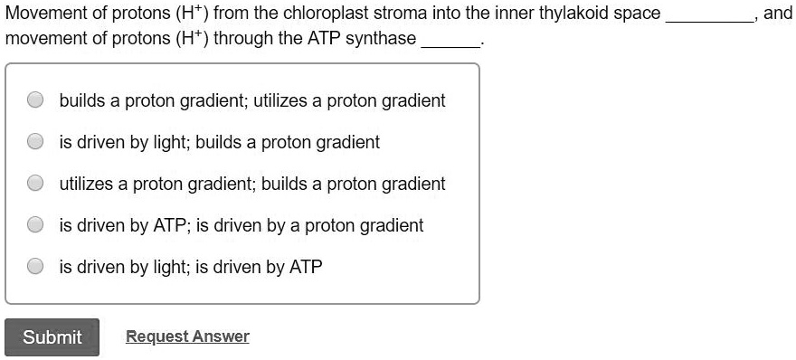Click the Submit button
pos(52,337)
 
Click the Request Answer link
pos(187,336)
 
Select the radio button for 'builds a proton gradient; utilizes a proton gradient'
pos(35,100)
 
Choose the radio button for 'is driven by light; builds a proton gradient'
pos(35,142)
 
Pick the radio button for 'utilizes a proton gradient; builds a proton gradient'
pos(35,184)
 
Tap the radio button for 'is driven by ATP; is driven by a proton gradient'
pos(35,225)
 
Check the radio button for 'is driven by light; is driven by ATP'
pos(35,267)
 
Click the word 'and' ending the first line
pos(778,14)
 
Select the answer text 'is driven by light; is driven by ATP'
pos(190,267)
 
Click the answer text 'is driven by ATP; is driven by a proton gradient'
pos(241,225)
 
